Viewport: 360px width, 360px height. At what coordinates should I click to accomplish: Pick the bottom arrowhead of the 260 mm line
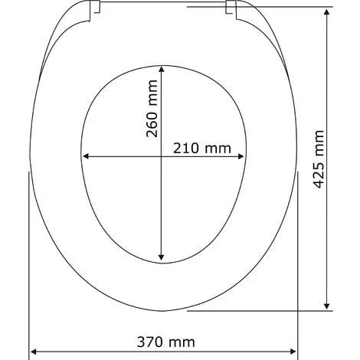161,259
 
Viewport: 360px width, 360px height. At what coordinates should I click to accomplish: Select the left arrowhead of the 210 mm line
86,156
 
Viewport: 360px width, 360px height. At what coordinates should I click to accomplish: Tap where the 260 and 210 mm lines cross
161,156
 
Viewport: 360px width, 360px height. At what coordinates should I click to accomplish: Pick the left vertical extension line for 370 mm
29,260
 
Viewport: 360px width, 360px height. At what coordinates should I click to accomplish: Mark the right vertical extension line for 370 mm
296,260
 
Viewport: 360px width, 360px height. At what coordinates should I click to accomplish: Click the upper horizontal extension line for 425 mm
276,7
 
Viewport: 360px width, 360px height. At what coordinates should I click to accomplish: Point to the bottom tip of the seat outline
162,312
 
